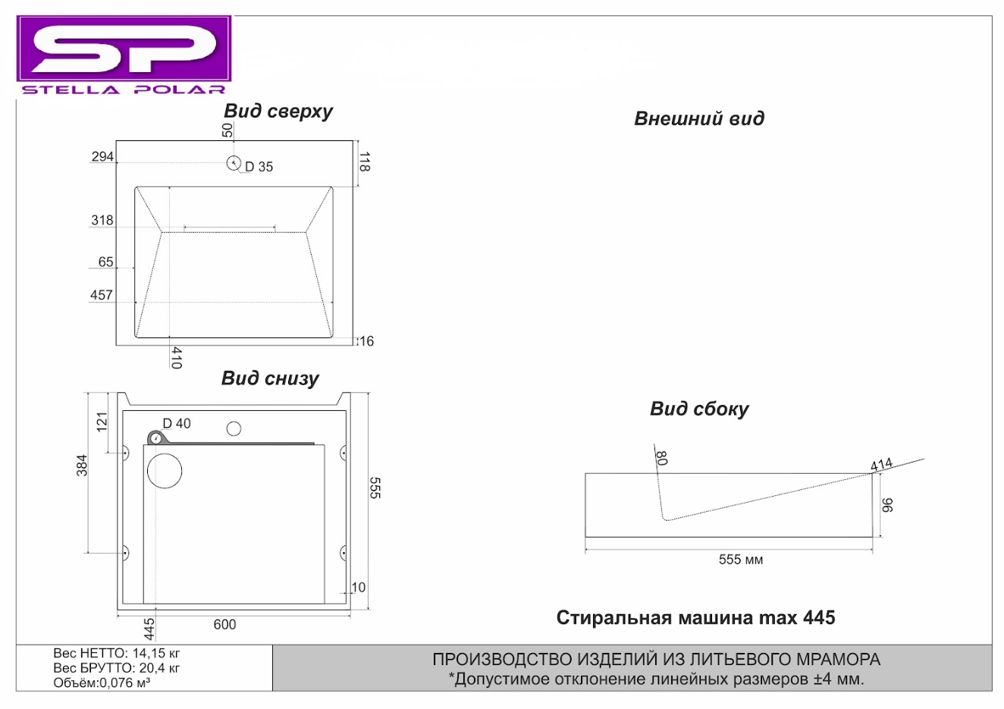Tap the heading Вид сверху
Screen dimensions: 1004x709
[278, 111]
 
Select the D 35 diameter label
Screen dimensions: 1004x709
[259, 167]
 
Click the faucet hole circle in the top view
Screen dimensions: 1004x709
[234, 163]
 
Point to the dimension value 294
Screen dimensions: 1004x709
[102, 156]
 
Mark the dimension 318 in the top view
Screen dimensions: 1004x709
[102, 220]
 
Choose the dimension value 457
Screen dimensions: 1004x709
[102, 295]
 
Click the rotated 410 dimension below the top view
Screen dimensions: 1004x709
[177, 358]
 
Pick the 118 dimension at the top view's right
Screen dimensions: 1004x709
[365, 162]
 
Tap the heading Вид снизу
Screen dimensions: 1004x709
[270, 378]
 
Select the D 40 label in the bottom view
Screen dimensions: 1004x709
[177, 424]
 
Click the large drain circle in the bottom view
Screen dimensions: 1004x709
[165, 471]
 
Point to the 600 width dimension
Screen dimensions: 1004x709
[224, 624]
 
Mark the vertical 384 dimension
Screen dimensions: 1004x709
[82, 465]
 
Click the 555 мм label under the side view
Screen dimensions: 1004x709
[741, 560]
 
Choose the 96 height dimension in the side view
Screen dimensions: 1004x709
[887, 505]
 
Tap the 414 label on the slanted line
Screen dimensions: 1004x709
[882, 465]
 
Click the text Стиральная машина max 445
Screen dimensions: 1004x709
[695, 617]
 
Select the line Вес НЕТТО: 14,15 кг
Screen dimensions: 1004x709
[117, 653]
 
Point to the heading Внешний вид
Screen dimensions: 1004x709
[699, 119]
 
